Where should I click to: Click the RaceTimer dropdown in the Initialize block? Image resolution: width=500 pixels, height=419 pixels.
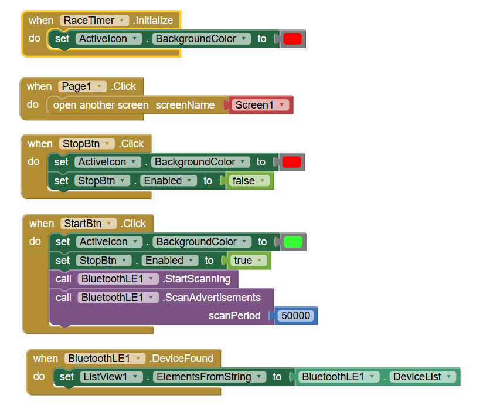pyautogui.click(x=94, y=21)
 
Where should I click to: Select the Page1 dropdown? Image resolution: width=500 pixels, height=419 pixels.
pyautogui.click(x=83, y=86)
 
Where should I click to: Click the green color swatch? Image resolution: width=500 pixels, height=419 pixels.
pyautogui.click(x=292, y=242)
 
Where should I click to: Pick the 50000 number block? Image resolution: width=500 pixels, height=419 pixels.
pyautogui.click(x=295, y=316)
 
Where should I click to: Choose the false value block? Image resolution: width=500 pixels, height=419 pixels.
pyautogui.click(x=250, y=181)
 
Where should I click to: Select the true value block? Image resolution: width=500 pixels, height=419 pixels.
pyautogui.click(x=249, y=261)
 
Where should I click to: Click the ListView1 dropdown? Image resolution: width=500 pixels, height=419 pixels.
pyautogui.click(x=111, y=377)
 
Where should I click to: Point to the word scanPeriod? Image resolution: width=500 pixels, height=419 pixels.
pyautogui.click(x=234, y=316)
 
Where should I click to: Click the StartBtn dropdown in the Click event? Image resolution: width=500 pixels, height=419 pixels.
pyautogui.click(x=89, y=224)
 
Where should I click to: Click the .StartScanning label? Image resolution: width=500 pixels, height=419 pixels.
pyautogui.click(x=196, y=279)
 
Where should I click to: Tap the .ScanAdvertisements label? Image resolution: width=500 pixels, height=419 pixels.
pyautogui.click(x=212, y=298)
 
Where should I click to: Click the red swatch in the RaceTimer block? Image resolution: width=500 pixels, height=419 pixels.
pyautogui.click(x=292, y=39)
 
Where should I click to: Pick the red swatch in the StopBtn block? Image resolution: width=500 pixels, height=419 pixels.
pyautogui.click(x=291, y=162)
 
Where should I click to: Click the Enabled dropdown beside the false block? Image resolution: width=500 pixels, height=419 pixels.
pyautogui.click(x=169, y=181)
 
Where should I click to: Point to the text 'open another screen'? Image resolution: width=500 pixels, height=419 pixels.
pyautogui.click(x=101, y=105)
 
